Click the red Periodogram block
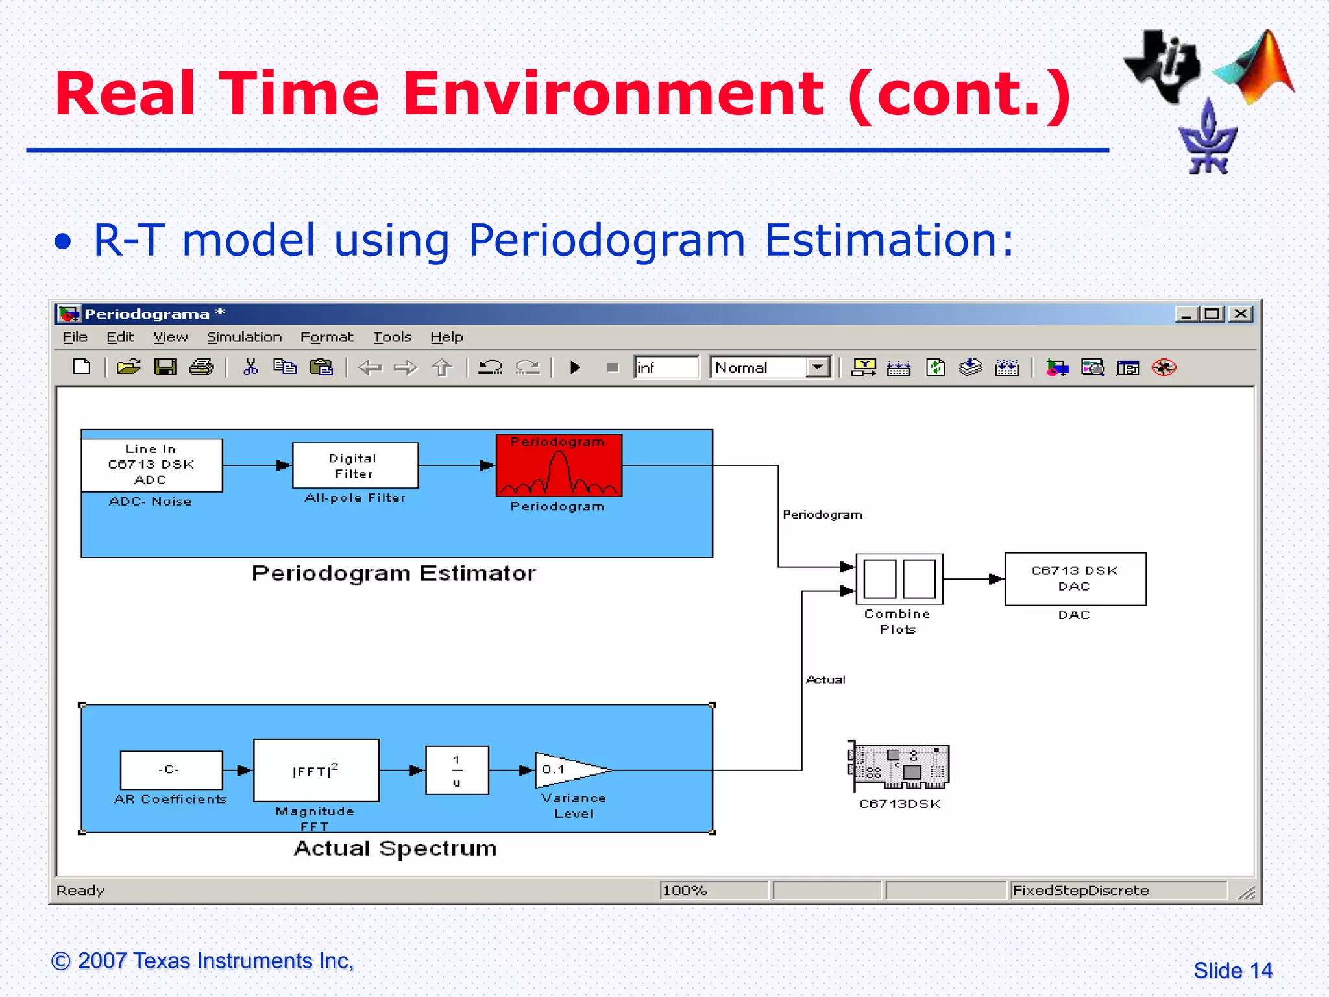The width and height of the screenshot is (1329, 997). (x=559, y=465)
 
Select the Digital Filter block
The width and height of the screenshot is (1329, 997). (x=355, y=465)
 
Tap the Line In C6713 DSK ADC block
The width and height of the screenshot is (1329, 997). (x=152, y=465)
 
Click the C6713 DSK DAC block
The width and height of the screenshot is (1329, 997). (x=1075, y=578)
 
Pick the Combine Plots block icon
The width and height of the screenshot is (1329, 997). (x=899, y=578)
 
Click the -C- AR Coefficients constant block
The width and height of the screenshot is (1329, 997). (x=171, y=770)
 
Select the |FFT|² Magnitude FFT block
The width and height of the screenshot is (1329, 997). (x=316, y=770)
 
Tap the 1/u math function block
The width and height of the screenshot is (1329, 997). (x=457, y=770)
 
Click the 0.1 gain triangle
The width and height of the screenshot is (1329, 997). (x=565, y=770)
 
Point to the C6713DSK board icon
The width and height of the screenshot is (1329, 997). (x=899, y=767)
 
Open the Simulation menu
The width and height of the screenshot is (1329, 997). (x=244, y=337)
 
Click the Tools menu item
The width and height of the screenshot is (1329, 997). (x=392, y=337)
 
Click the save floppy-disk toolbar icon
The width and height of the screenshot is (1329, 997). (x=165, y=367)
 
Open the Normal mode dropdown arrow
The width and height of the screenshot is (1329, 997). (x=818, y=367)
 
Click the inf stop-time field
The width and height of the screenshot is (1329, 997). (x=666, y=367)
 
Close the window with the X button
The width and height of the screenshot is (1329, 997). (x=1241, y=314)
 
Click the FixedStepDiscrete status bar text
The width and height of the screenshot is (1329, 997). (x=1080, y=891)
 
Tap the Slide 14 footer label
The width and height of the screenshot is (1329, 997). (x=1232, y=970)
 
